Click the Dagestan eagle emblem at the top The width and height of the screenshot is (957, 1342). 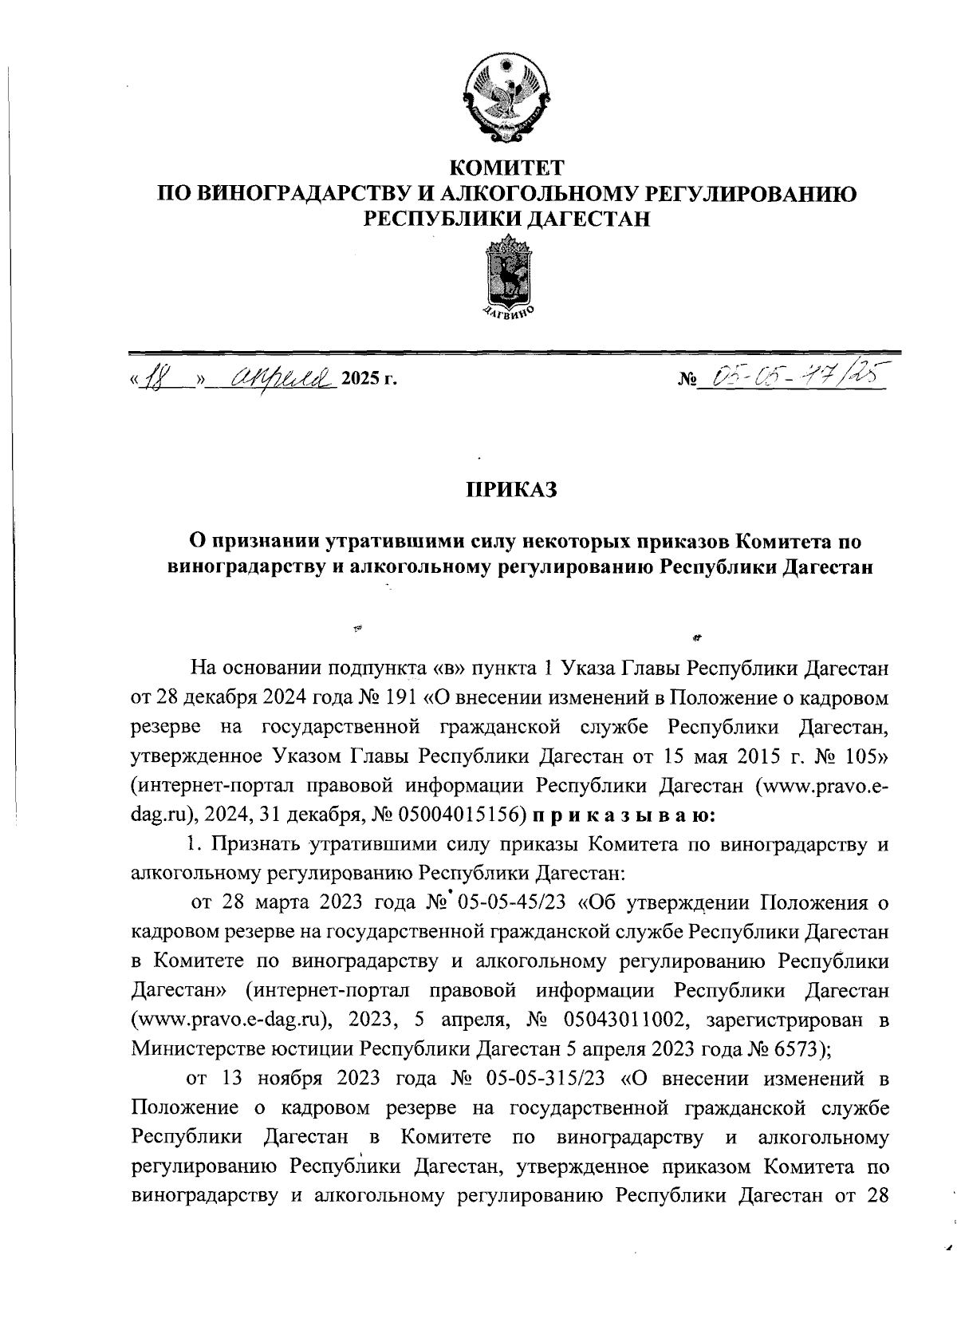(507, 100)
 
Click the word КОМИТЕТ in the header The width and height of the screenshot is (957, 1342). (507, 168)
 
